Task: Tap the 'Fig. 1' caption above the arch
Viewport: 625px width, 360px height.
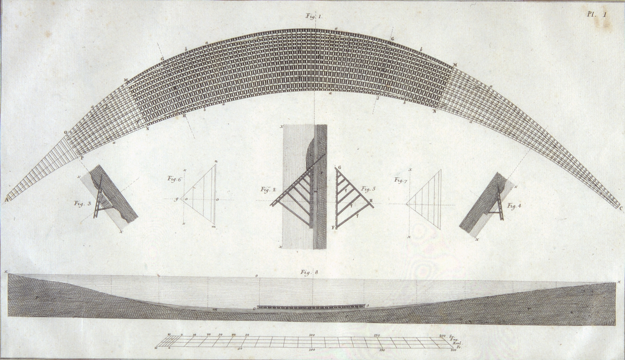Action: pos(314,17)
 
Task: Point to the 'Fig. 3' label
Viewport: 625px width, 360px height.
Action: pos(82,203)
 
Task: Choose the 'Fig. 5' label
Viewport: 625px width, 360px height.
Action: pos(369,189)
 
